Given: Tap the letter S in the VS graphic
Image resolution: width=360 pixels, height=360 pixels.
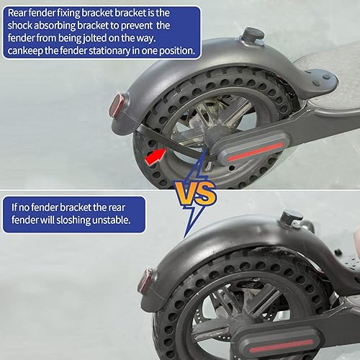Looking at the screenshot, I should [x=206, y=192].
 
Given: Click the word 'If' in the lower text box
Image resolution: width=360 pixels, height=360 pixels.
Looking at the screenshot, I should [x=14, y=207].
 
